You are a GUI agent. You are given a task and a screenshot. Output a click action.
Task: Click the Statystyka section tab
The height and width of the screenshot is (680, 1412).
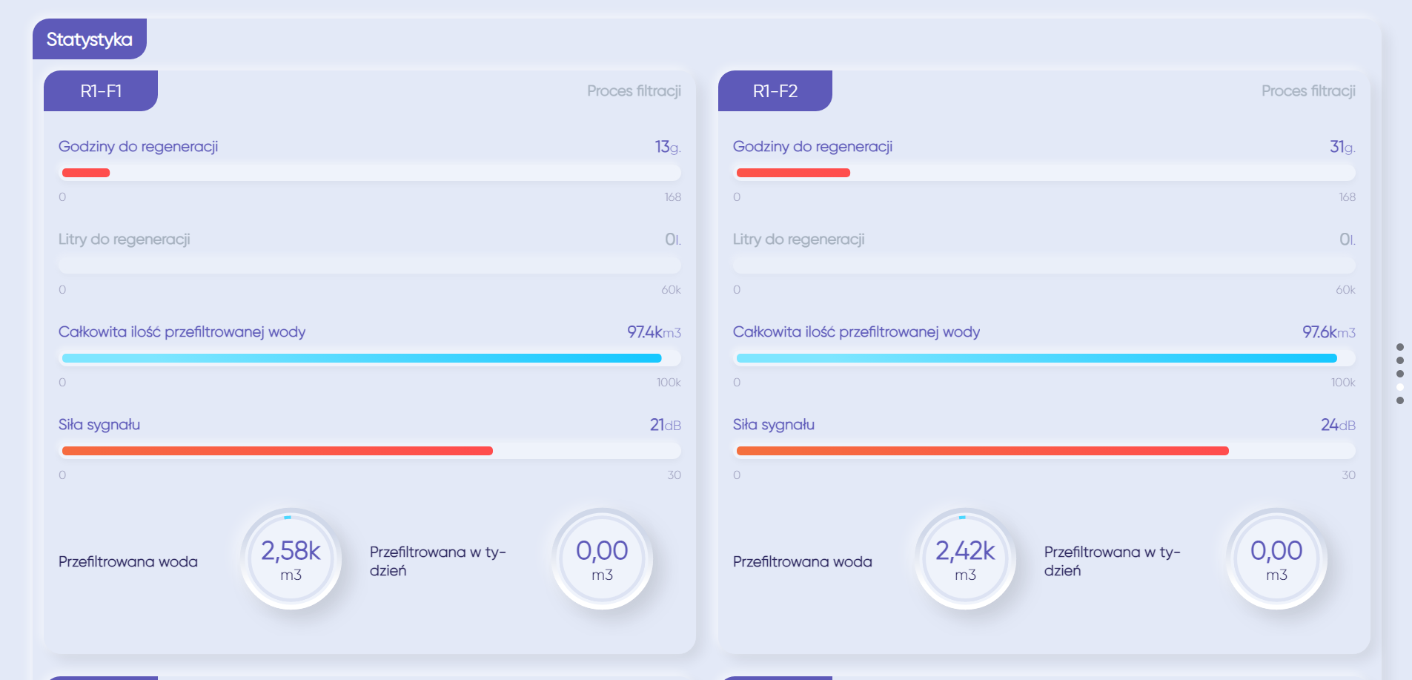click(90, 39)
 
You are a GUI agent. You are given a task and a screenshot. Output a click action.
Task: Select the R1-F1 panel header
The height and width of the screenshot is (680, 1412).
click(101, 91)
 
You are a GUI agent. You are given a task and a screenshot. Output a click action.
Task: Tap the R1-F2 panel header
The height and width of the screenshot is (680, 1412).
click(775, 91)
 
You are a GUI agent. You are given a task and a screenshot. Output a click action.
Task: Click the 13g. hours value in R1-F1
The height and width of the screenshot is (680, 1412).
click(667, 147)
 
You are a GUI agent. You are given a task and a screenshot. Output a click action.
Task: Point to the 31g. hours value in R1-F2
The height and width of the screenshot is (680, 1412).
click(1342, 147)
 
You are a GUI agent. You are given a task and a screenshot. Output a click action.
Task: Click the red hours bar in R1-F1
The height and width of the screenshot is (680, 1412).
click(86, 173)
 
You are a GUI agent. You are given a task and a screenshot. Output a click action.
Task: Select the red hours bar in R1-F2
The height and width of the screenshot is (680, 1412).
click(793, 173)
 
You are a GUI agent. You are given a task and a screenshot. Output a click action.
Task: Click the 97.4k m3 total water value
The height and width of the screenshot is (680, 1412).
click(654, 332)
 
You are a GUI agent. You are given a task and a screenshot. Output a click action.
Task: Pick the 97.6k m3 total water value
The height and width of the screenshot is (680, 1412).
click(1328, 332)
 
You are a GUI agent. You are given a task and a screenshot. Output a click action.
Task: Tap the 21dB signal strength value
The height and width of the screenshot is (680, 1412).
click(665, 425)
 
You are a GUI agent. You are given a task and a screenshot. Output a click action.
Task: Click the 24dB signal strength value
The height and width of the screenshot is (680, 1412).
click(1338, 425)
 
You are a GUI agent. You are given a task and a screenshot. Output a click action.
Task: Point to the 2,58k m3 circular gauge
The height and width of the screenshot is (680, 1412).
click(291, 559)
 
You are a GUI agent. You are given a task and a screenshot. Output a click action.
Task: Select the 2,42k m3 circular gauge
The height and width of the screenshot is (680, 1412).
click(965, 559)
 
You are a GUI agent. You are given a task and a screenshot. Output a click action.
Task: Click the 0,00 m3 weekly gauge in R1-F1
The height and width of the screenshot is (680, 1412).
click(602, 559)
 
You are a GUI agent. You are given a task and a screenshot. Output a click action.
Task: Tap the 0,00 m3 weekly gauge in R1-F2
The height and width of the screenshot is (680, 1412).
click(1276, 559)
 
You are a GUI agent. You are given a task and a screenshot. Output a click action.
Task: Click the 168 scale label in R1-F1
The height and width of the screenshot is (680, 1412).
click(672, 197)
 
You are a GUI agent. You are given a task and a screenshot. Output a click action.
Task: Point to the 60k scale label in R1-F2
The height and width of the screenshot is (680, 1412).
click(1345, 290)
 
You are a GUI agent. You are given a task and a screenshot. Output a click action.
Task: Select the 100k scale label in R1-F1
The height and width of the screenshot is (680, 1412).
click(669, 383)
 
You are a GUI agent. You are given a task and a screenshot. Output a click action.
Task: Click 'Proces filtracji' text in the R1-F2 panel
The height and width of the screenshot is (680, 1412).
click(1308, 91)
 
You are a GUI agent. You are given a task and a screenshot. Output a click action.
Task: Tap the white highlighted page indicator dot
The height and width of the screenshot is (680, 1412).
click(1400, 387)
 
